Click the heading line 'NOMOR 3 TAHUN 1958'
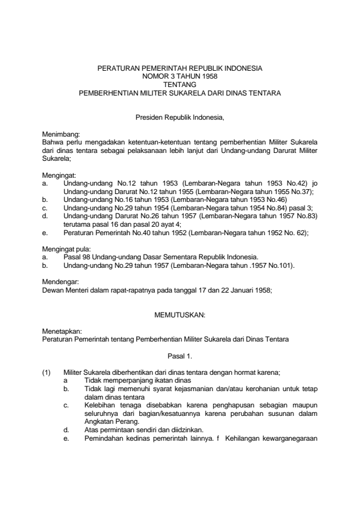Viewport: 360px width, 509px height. click(180, 77)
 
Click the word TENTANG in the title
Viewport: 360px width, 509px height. click(180, 85)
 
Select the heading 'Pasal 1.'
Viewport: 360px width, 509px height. click(180, 356)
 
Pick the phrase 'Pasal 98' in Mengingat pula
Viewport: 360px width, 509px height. click(77, 256)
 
